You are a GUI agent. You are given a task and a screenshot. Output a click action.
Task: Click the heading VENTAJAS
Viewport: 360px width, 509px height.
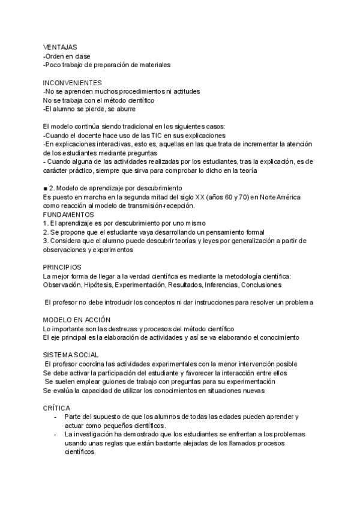click(59, 47)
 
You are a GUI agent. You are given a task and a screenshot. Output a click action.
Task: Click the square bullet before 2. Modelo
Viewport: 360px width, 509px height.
click(46, 188)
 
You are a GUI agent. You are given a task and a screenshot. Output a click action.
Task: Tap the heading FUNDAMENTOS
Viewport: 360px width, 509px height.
click(68, 214)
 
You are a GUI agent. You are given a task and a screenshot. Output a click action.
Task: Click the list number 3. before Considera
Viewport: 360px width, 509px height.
click(46, 240)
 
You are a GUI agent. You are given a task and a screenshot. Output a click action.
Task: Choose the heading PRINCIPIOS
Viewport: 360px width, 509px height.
click(62, 267)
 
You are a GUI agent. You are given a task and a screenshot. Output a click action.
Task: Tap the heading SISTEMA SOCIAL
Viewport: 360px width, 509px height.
click(71, 355)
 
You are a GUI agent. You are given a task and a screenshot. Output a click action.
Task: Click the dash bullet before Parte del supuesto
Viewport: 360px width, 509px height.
click(56, 417)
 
